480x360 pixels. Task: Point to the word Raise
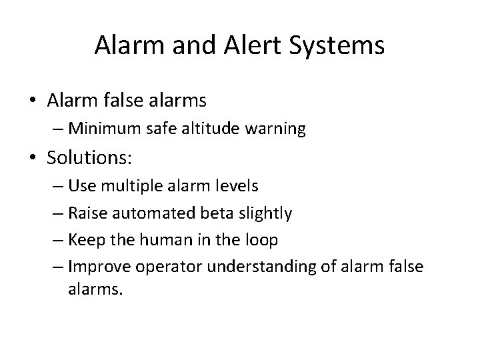(x=85, y=213)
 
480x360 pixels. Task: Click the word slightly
(x=265, y=213)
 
